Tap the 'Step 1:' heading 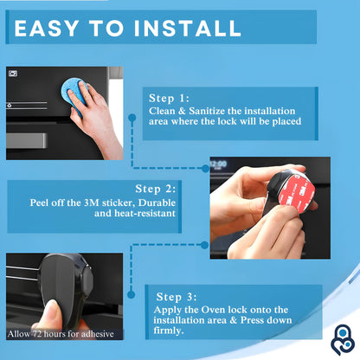[x=170, y=99]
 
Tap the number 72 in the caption [x=39, y=333]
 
